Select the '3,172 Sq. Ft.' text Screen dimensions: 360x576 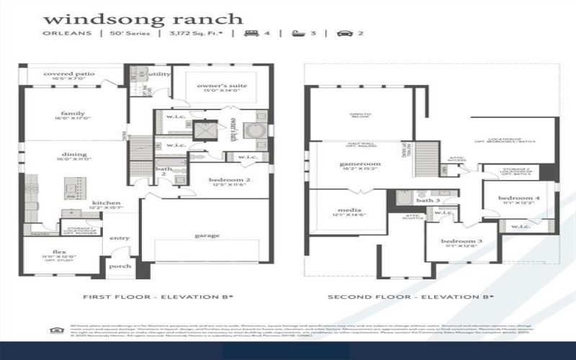tap(194, 33)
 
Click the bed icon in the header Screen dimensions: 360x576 tap(253, 33)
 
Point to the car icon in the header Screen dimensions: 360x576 tap(345, 33)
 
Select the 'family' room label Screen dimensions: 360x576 tap(73, 113)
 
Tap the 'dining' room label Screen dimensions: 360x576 tap(74, 154)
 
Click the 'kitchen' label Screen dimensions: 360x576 tap(105, 203)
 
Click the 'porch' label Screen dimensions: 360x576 tap(120, 266)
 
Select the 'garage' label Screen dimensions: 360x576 tap(207, 235)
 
